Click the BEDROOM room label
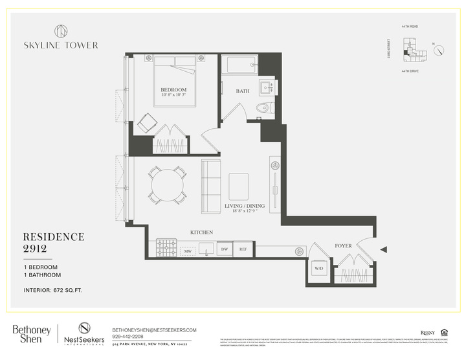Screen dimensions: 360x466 (174, 89)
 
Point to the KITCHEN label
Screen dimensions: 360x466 (201, 232)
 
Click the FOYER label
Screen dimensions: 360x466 (343, 246)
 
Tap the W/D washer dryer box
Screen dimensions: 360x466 (319, 268)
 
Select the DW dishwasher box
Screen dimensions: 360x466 (225, 249)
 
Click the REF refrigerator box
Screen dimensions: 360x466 (243, 249)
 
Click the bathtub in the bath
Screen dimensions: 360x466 (239, 65)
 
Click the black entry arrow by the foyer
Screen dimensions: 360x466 (384, 249)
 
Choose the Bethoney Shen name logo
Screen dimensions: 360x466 (32, 334)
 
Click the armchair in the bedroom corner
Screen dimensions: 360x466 (147, 122)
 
